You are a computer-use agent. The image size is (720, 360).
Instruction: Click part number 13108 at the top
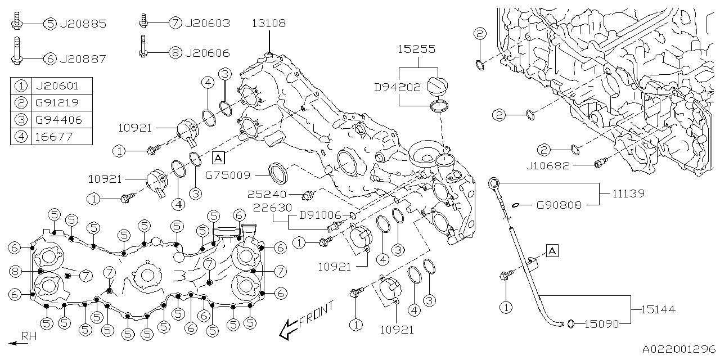click(x=268, y=24)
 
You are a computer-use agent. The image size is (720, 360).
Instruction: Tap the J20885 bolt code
click(x=82, y=24)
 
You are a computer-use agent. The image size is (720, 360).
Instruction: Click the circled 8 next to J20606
click(x=175, y=53)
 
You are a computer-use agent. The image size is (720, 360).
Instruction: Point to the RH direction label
click(x=29, y=336)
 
